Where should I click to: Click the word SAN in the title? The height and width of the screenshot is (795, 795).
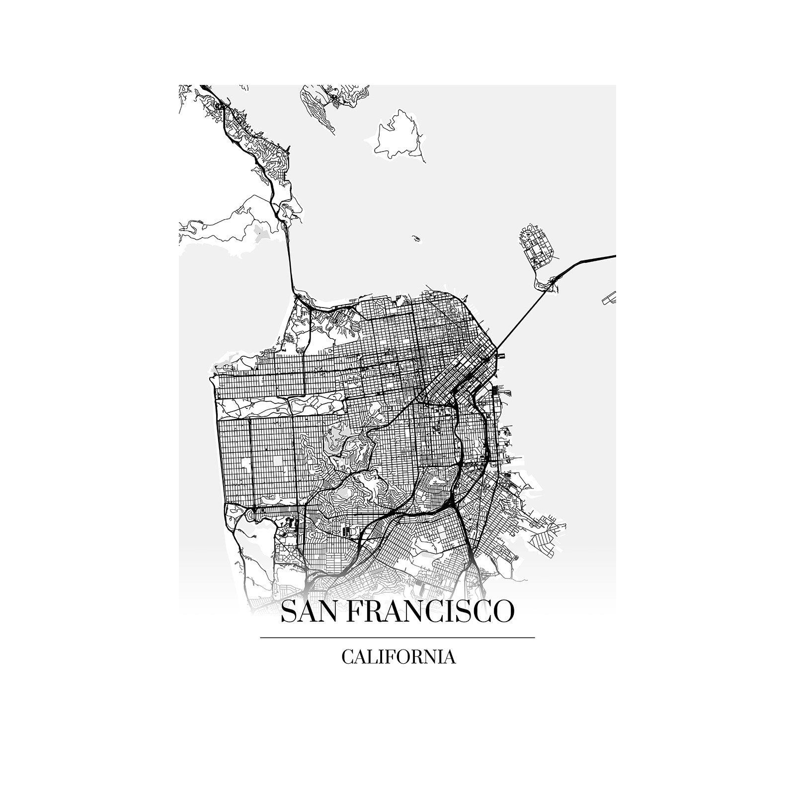310,612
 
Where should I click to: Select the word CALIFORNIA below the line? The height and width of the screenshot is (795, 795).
398,657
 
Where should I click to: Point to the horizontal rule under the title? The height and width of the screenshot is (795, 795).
397,637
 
